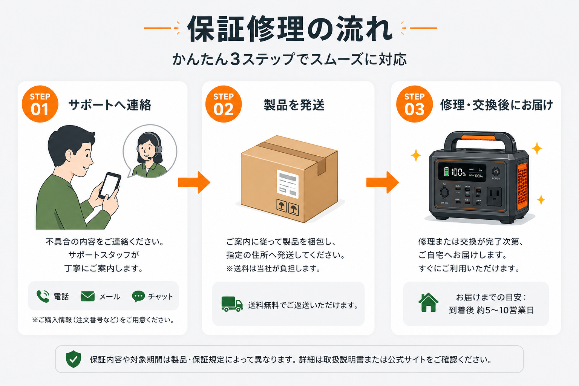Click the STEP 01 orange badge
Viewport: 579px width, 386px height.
click(40, 104)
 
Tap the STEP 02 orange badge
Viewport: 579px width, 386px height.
click(224, 104)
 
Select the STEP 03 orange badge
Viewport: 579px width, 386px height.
click(414, 104)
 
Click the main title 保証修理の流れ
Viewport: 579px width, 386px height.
click(289, 29)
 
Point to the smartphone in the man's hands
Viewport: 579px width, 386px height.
click(110, 185)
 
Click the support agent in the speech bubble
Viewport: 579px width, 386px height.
click(150, 153)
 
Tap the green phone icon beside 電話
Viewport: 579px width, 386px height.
click(43, 296)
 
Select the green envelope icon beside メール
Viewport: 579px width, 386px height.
click(87, 296)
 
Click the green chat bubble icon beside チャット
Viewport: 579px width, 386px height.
click(138, 296)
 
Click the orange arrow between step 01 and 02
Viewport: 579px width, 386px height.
click(194, 182)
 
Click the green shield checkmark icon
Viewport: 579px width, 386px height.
click(74, 359)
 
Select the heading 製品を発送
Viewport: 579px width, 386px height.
click(294, 105)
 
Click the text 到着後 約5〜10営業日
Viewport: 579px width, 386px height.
click(491, 310)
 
